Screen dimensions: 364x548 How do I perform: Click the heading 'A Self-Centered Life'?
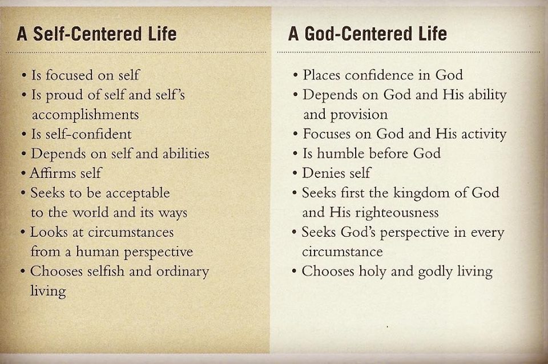[x=97, y=34]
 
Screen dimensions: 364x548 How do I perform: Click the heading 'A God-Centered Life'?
[x=368, y=34]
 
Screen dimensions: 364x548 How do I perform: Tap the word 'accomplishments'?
[x=85, y=115]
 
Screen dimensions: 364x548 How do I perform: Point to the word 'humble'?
[x=343, y=153]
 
